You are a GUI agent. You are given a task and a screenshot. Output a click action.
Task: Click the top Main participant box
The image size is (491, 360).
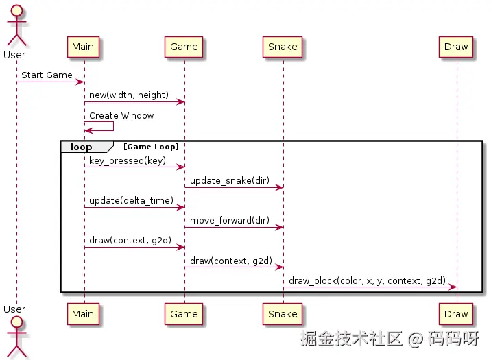pos(83,47)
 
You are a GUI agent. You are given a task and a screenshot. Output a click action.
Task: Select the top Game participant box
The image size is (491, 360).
pos(184,47)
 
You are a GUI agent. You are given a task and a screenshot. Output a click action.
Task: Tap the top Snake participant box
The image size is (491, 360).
pos(283,47)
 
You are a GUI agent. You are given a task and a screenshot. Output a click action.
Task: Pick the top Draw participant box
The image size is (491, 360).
pos(456,47)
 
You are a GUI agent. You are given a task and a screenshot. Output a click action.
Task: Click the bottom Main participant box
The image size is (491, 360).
pos(83,314)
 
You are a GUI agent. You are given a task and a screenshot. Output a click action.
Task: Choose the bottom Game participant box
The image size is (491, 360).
pos(184,314)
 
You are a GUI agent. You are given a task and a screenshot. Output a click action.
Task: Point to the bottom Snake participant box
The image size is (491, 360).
pos(283,314)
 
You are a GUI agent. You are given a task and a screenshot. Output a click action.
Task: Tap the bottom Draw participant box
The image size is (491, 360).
pos(456,314)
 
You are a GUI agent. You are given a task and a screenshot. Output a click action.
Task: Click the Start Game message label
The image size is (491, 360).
pos(47,75)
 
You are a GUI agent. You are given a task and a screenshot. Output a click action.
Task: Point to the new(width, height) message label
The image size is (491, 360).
pos(129,95)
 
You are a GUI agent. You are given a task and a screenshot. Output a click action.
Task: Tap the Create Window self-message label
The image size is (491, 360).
pos(121,115)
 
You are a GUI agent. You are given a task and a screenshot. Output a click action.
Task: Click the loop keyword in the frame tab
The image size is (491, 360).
pos(81,147)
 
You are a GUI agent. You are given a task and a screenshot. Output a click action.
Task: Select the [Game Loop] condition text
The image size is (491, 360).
pos(151,147)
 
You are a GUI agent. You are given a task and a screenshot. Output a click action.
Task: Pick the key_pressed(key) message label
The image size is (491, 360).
pos(128,160)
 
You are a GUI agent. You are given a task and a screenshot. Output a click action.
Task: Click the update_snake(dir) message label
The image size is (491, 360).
pos(230,180)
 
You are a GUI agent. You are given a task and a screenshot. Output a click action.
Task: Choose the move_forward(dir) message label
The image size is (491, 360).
pos(230,221)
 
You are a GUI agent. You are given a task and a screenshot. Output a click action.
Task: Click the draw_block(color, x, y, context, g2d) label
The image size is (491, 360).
pos(367,281)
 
